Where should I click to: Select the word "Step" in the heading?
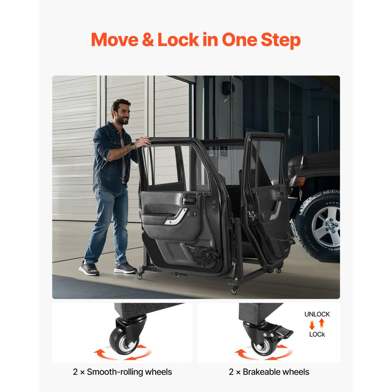click(280, 40)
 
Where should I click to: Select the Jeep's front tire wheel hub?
click(325, 227)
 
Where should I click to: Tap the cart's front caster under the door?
click(235, 290)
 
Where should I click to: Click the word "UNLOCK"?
click(317, 314)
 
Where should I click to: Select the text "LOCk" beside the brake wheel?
click(317, 334)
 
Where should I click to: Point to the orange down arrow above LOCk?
click(312, 325)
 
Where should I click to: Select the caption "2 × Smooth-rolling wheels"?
click(122, 372)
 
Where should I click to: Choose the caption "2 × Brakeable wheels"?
click(269, 372)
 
